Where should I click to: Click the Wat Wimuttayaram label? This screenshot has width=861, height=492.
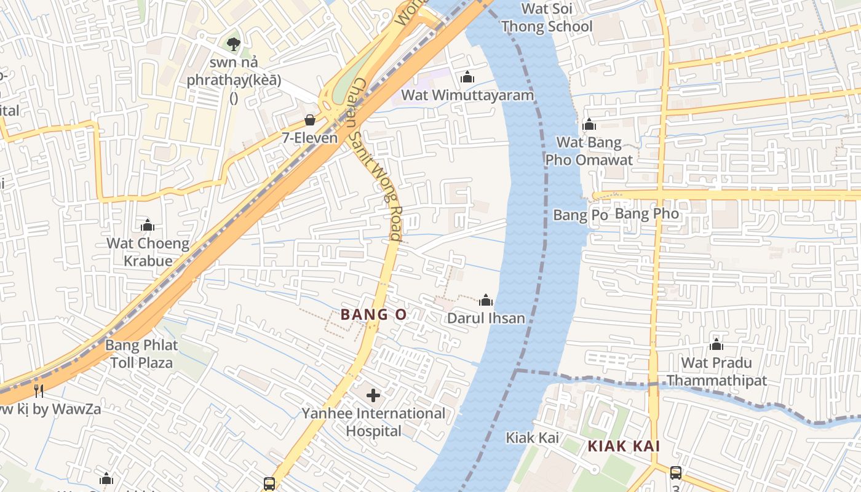click(467, 95)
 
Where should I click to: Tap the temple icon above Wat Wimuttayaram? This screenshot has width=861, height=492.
click(467, 77)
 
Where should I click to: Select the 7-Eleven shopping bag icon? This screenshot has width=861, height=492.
click(310, 120)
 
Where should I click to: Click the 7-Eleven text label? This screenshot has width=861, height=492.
click(310, 138)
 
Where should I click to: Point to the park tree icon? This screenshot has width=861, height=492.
click(233, 44)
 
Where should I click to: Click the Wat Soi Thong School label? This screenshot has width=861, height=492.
click(547, 17)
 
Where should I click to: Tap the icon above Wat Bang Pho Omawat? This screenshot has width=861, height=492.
click(589, 125)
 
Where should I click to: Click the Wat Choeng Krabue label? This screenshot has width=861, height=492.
click(148, 252)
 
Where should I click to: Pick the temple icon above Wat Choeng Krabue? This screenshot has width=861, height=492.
click(148, 226)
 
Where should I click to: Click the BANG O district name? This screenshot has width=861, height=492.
click(373, 315)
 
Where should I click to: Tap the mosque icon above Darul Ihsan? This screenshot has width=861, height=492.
click(486, 300)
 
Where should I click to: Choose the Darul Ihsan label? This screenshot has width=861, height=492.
click(486, 318)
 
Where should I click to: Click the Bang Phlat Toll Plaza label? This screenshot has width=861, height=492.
click(141, 354)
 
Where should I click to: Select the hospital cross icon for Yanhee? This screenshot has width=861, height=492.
click(373, 395)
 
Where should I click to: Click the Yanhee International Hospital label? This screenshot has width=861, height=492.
click(373, 421)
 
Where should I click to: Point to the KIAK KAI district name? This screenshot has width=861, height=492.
click(624, 446)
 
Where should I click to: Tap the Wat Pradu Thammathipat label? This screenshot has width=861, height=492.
click(716, 371)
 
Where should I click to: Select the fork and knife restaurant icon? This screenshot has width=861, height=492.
click(38, 391)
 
